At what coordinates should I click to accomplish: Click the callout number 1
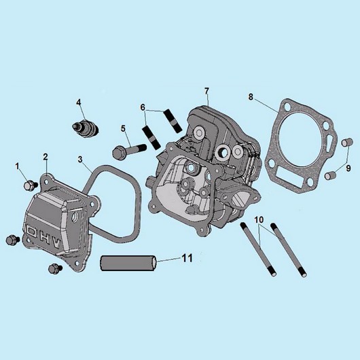(17, 166)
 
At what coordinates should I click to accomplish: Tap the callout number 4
(79, 103)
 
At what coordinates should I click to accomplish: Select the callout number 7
(206, 91)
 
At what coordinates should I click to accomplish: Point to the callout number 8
(251, 97)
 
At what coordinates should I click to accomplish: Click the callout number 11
(187, 258)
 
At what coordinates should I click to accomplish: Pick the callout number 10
(259, 219)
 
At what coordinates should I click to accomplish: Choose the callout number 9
(348, 168)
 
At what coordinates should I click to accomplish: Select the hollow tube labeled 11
(128, 263)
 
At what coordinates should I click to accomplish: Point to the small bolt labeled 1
(31, 185)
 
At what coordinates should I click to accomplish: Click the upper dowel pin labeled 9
(346, 143)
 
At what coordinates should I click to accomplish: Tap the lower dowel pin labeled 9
(330, 176)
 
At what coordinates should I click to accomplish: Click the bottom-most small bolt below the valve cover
(55, 268)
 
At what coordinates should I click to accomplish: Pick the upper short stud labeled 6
(173, 121)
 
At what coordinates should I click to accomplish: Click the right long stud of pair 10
(289, 250)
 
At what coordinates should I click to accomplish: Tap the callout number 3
(80, 160)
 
